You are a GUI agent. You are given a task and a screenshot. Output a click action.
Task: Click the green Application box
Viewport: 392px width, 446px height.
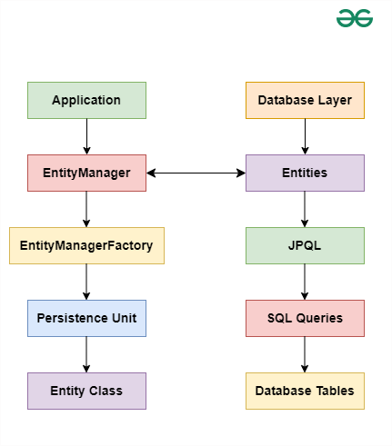pyautogui.click(x=86, y=100)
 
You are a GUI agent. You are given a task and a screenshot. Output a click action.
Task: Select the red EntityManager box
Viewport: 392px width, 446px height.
pyautogui.click(x=86, y=173)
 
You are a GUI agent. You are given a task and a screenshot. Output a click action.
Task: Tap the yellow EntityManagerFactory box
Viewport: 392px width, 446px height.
pyautogui.click(x=86, y=245)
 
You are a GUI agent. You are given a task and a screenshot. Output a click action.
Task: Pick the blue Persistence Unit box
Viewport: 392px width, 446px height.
pyautogui.click(x=86, y=318)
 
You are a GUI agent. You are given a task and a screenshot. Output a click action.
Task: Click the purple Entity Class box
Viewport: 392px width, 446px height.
pyautogui.click(x=86, y=391)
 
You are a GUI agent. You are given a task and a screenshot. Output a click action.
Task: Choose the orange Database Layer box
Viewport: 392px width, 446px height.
pyautogui.click(x=305, y=100)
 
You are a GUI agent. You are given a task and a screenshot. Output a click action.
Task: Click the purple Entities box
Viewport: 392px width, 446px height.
pyautogui.click(x=305, y=173)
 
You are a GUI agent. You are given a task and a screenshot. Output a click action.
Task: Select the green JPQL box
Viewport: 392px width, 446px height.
pyautogui.click(x=305, y=245)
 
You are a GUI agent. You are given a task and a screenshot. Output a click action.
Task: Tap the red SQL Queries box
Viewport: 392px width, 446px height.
pyautogui.click(x=305, y=318)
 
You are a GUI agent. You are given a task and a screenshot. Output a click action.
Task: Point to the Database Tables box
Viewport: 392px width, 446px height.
pyautogui.click(x=305, y=391)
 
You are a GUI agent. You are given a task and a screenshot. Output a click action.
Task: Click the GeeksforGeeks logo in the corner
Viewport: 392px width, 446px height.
pyautogui.click(x=355, y=18)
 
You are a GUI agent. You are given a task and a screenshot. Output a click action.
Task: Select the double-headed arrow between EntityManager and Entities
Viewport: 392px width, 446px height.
pyautogui.click(x=196, y=173)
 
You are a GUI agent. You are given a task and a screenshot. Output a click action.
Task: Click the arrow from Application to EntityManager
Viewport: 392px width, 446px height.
pyautogui.click(x=86, y=136)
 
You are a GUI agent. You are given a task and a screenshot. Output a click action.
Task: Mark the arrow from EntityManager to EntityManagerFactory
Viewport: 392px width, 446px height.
pyautogui.click(x=86, y=209)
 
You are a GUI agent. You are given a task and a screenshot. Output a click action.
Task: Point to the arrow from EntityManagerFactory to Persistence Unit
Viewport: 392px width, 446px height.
pyautogui.click(x=86, y=282)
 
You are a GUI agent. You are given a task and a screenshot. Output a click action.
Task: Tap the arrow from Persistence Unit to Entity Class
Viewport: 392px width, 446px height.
pyautogui.click(x=86, y=354)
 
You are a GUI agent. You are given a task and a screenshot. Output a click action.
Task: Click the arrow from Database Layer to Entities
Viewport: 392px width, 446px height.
pyautogui.click(x=305, y=136)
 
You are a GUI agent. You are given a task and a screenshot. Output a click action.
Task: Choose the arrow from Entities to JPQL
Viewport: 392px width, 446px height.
pyautogui.click(x=305, y=209)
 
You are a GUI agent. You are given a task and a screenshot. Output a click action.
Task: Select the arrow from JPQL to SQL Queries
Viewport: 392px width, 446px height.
pyautogui.click(x=305, y=282)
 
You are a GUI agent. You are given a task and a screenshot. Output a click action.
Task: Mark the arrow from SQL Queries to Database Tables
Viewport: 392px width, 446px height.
pyautogui.click(x=305, y=354)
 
